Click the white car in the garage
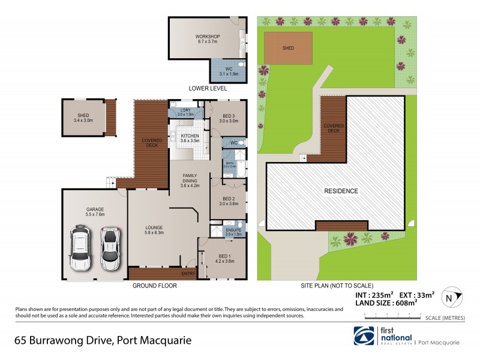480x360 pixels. (x=80, y=248)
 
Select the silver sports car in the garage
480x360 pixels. (x=109, y=248)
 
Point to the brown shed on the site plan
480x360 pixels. (x=289, y=49)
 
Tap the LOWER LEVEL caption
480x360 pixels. (x=208, y=88)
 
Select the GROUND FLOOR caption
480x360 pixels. (x=154, y=286)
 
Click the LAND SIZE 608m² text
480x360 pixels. (x=389, y=304)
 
